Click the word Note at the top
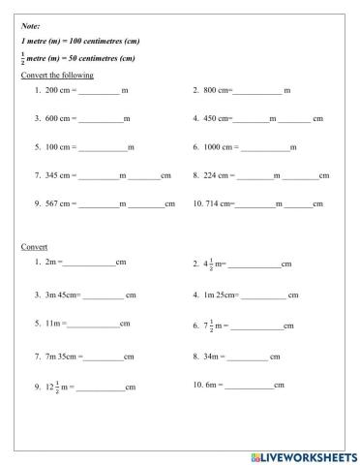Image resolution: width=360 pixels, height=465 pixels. [30, 28]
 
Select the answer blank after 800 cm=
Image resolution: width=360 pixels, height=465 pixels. [255, 92]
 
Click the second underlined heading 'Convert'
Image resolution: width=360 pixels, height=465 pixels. [34, 246]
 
